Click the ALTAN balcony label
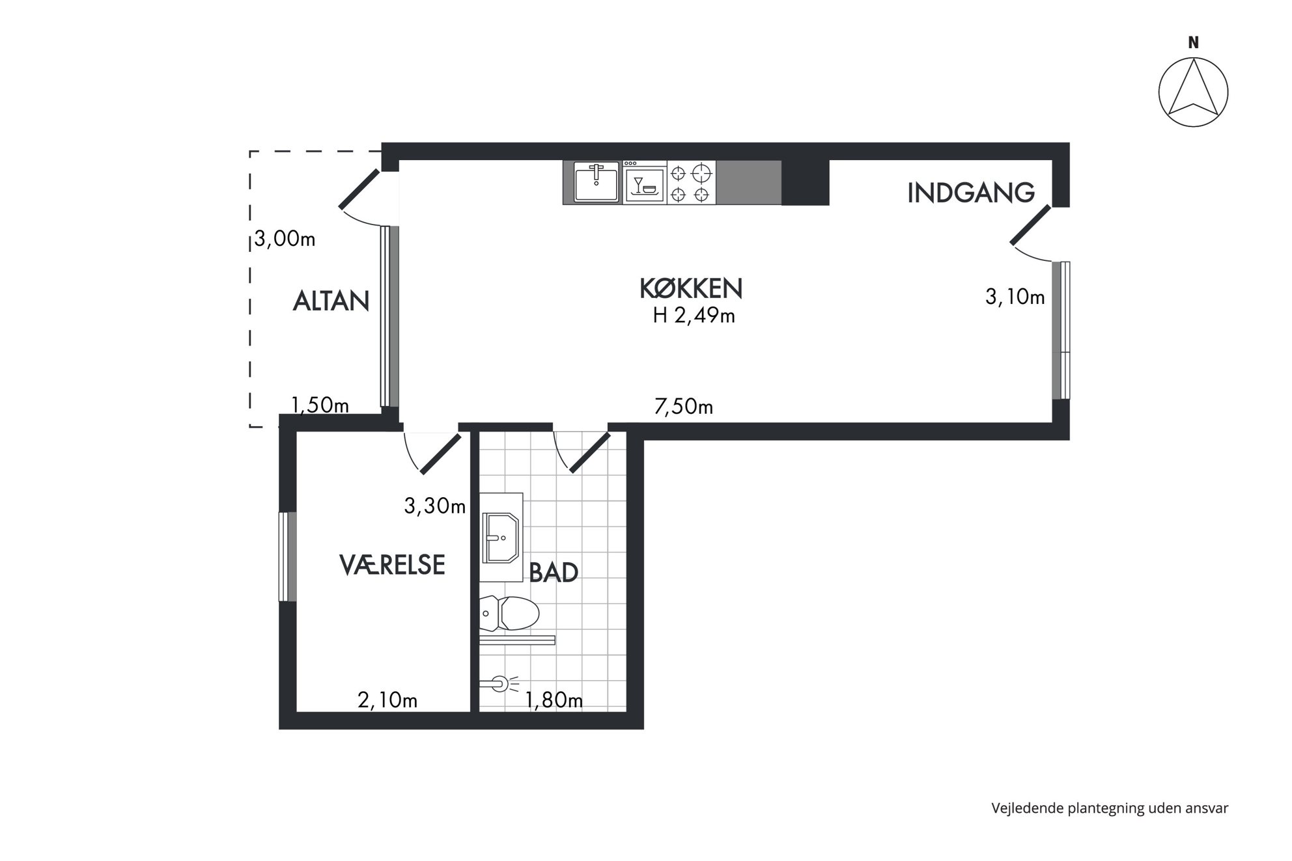click(x=331, y=301)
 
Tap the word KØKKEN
click(x=691, y=288)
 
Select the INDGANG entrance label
click(x=971, y=193)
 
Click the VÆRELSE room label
click(x=392, y=564)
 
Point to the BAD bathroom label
click(x=554, y=572)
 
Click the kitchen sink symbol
click(x=596, y=182)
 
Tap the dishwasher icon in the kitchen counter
click(x=645, y=183)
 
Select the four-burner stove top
click(x=691, y=183)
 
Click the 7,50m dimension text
click(x=683, y=407)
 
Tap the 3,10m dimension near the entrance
click(x=1015, y=297)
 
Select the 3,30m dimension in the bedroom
click(x=434, y=506)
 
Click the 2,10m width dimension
click(x=387, y=700)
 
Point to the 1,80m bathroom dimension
click(x=554, y=700)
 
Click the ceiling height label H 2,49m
click(x=694, y=316)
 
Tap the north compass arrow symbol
click(x=1193, y=92)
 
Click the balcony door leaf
click(x=359, y=189)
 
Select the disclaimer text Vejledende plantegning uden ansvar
click(x=1110, y=808)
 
